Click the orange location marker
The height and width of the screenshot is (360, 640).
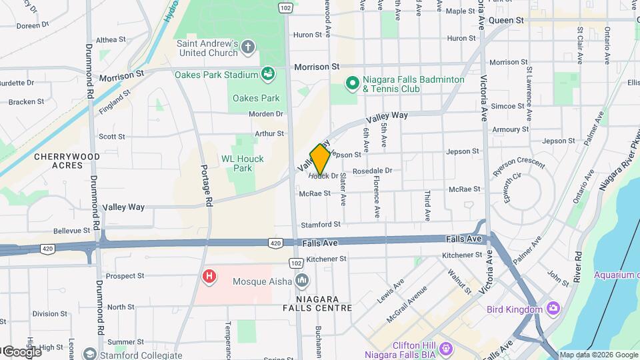[320, 159]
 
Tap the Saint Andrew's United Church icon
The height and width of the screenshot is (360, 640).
[248, 47]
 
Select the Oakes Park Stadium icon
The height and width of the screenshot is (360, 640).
[268, 74]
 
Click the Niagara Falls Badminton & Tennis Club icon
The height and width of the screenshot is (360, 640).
[352, 83]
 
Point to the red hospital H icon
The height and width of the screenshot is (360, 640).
[210, 275]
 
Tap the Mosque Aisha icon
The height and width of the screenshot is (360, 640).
[302, 281]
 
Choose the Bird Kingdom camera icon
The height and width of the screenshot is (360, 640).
[553, 309]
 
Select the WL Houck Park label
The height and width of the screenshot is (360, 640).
[242, 163]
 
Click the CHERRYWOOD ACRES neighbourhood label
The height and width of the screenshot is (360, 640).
[67, 161]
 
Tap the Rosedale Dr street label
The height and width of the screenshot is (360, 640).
[372, 171]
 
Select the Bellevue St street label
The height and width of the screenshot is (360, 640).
[71, 230]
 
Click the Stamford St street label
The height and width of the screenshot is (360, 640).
[321, 225]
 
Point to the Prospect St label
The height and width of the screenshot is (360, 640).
[125, 275]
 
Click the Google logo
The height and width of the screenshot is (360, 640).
[21, 351]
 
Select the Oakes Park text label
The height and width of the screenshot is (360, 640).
[256, 98]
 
